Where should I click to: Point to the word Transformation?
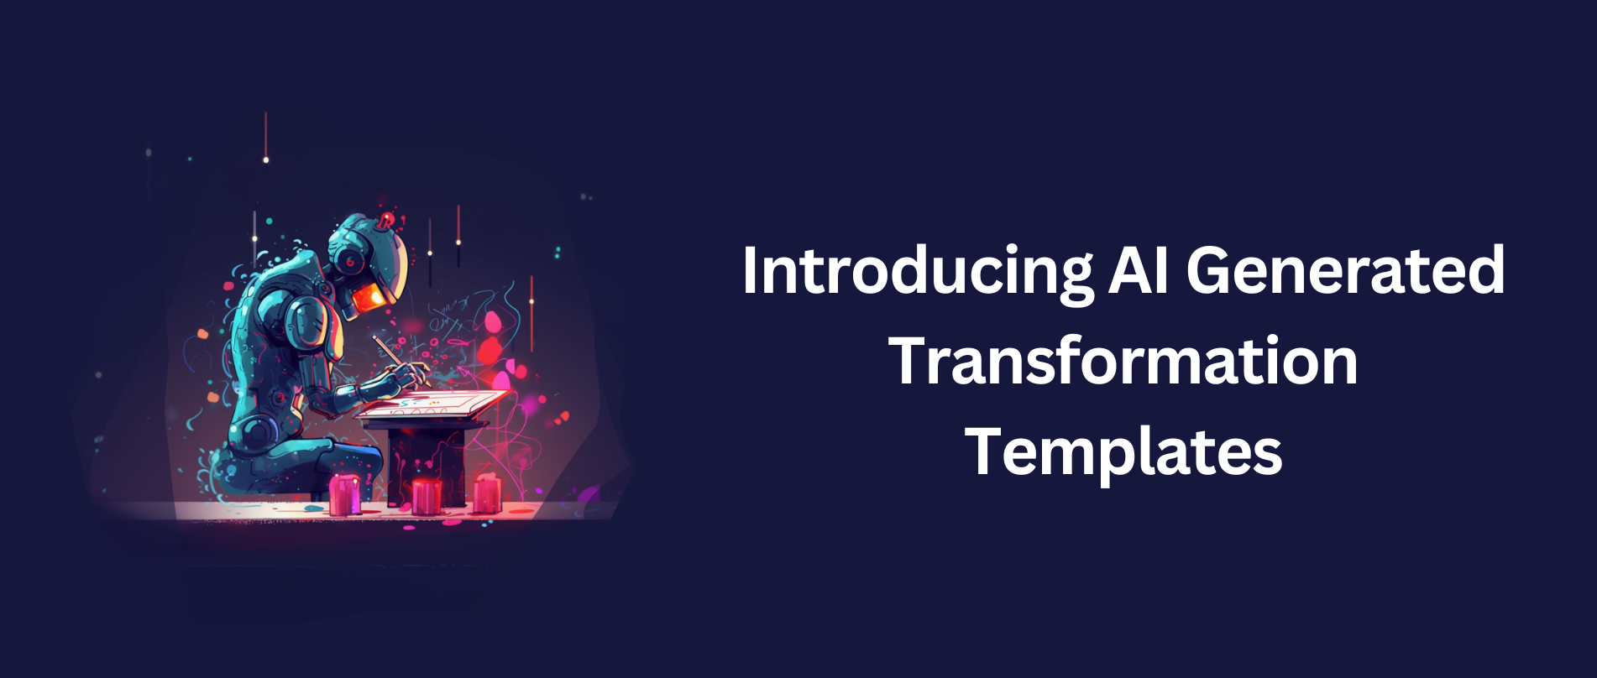[1123, 361]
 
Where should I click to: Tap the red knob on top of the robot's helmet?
[386, 221]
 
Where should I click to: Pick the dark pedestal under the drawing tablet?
[427, 462]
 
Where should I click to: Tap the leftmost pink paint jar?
[345, 495]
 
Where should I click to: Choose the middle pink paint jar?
[427, 496]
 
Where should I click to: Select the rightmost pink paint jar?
[487, 493]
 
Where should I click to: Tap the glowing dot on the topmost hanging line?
[266, 159]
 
